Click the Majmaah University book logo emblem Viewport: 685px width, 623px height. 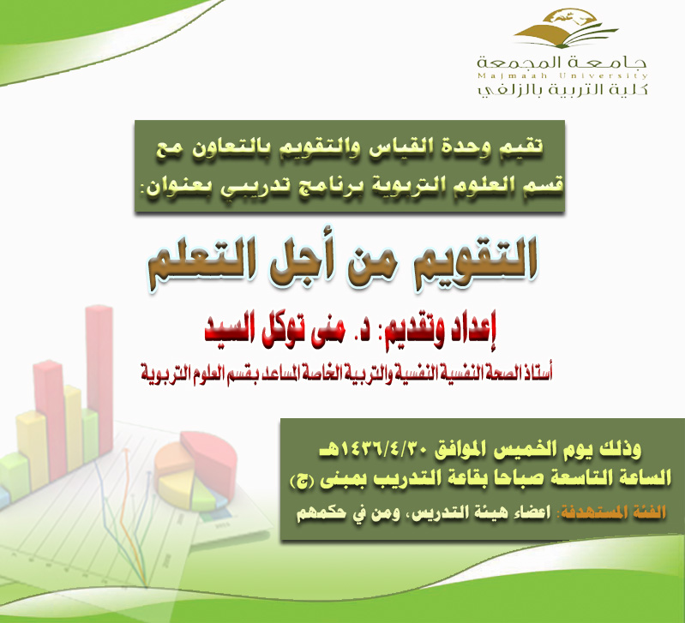(x=566, y=28)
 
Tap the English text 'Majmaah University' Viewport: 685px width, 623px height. (x=562, y=76)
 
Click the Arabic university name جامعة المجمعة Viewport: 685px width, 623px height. (x=562, y=62)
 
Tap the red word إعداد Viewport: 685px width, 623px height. (x=472, y=332)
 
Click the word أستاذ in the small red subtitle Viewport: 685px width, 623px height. (x=538, y=373)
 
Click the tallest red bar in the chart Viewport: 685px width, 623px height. (x=99, y=380)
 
